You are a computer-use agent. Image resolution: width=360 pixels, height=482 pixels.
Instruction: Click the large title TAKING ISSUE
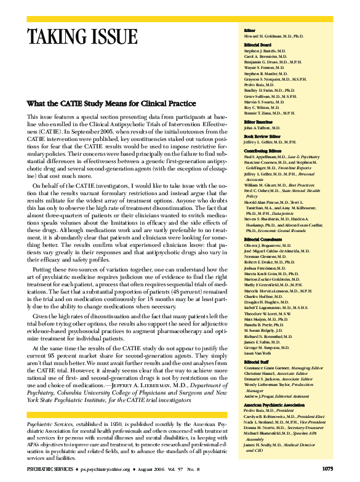tap(82, 36)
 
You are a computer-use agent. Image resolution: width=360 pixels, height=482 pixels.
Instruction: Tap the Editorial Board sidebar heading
tap(257, 45)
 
